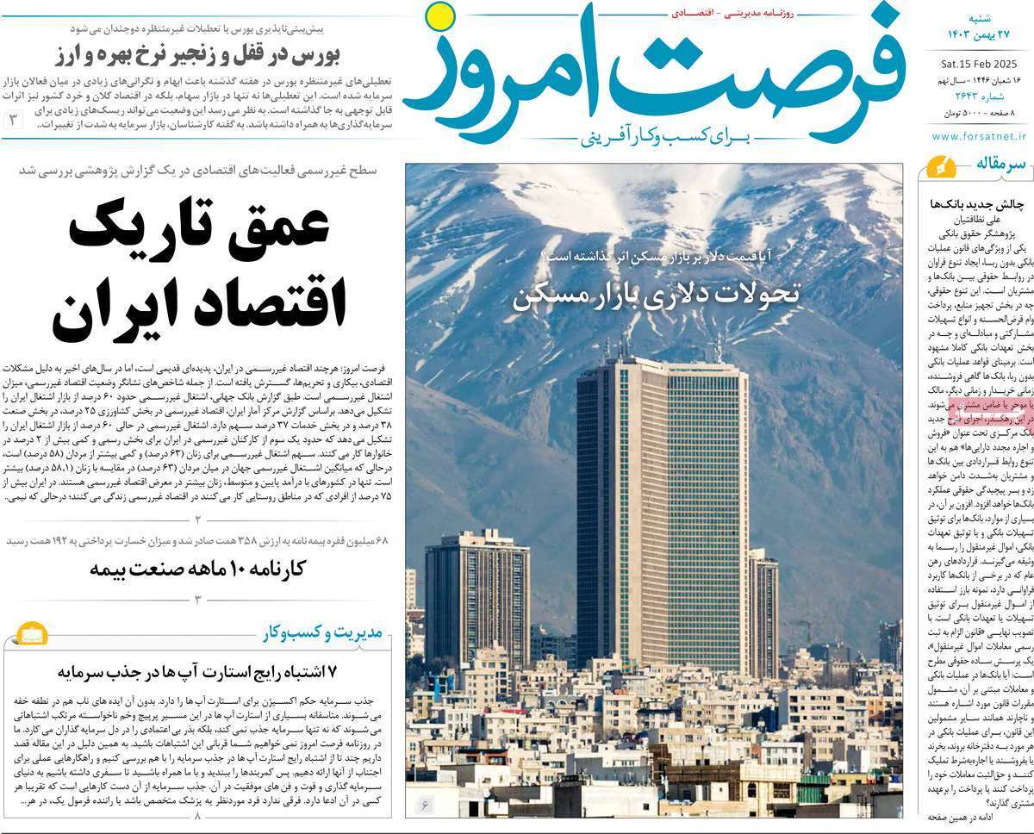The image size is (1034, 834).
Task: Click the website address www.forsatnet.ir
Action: [980, 136]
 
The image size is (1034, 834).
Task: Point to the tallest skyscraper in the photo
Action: [662, 508]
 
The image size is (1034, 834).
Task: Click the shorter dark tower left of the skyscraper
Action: [477, 594]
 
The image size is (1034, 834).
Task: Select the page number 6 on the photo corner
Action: [426, 806]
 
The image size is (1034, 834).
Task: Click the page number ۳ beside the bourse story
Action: [15, 120]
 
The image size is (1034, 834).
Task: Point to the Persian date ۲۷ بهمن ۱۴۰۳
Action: [981, 33]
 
